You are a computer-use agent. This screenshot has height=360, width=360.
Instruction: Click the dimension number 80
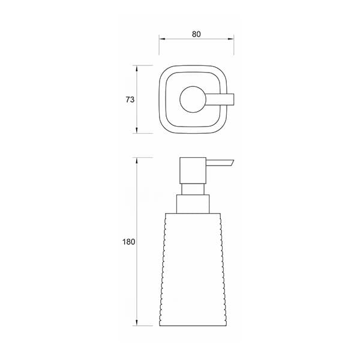tap(196, 34)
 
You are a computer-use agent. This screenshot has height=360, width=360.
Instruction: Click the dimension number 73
tap(130, 100)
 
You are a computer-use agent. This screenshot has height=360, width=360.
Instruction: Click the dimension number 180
tap(128, 242)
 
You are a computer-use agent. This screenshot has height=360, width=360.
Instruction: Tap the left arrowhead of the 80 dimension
tap(162, 39)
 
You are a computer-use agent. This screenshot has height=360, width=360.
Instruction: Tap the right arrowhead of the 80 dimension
tap(231, 39)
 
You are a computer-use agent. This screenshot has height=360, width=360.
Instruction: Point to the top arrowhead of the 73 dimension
tap(137, 68)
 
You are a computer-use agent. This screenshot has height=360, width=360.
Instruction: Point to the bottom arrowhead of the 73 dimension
tap(137, 130)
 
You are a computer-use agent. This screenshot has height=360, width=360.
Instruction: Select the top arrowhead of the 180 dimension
tap(137, 160)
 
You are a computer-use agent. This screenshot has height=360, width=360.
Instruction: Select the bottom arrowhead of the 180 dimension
tap(137, 323)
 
